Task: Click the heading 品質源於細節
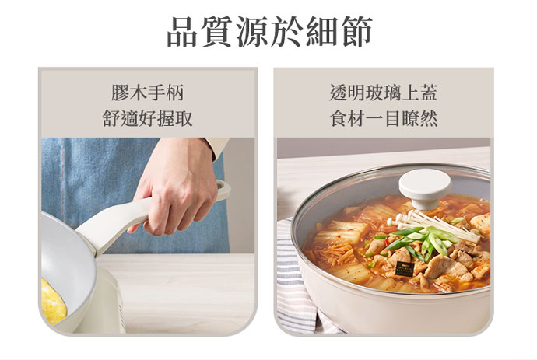pyautogui.click(x=269, y=31)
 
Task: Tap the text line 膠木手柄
pyautogui.click(x=148, y=93)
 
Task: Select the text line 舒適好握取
pyautogui.click(x=148, y=119)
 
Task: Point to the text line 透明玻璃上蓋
pyautogui.click(x=383, y=93)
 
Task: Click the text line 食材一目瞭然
pyautogui.click(x=384, y=119)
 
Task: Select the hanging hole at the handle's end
pyautogui.click(x=222, y=186)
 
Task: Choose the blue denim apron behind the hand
pyautogui.click(x=103, y=178)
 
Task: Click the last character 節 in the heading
pyautogui.click(x=357, y=31)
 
